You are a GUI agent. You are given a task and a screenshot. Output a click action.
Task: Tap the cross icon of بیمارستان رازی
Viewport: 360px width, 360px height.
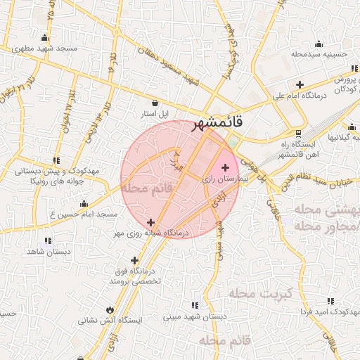coord(225,167)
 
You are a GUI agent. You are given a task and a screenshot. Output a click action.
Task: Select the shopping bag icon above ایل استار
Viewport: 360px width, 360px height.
coord(155,103)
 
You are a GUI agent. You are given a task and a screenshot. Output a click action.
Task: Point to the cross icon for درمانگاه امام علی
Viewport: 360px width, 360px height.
coord(300,84)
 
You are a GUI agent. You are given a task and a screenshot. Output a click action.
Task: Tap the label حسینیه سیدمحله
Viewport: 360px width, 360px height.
coord(319,53)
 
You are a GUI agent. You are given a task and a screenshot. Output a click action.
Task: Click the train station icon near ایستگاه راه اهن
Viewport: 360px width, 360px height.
coord(298,134)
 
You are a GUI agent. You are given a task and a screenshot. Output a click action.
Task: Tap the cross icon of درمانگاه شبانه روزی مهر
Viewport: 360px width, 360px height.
coord(150,222)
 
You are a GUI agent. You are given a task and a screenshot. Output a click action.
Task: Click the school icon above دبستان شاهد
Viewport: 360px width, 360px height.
coord(48,240)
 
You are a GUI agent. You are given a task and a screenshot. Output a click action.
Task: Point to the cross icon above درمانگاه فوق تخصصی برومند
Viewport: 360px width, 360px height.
coord(134,260)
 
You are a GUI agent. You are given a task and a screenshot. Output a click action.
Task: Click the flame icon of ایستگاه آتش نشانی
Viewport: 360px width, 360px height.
coord(110,309)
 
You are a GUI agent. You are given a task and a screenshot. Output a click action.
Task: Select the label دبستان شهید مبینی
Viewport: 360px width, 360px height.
coord(195,317)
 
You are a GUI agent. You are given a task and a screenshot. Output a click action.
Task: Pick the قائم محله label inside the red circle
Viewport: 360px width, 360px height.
coord(147,188)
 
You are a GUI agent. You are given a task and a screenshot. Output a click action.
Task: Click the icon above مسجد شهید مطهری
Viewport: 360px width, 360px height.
coord(45,38)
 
